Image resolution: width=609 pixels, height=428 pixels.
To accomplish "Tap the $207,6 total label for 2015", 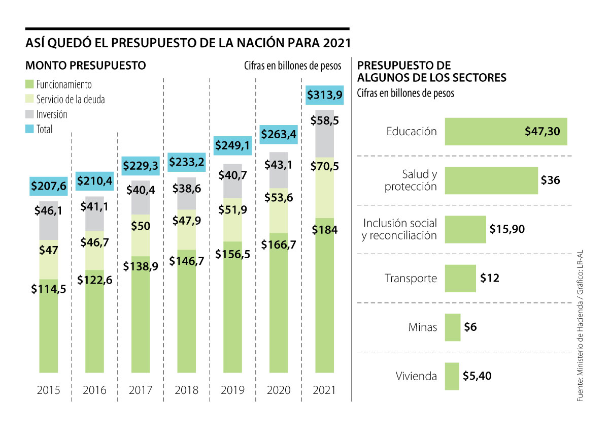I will pos(49,187).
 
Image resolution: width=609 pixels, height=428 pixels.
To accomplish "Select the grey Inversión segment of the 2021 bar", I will pos(325,134).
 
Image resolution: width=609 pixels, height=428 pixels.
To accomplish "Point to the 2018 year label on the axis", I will pos(187,390).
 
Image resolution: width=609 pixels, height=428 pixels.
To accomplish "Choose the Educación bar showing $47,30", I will pos(505,132).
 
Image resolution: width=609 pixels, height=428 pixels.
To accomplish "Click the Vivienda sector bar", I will pos(452,376).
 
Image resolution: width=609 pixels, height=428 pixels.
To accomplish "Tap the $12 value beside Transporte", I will pos(490,278).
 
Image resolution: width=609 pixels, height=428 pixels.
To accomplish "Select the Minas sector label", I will pos(423,327).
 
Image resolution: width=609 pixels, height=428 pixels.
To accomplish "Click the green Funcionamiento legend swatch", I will pos(29,84).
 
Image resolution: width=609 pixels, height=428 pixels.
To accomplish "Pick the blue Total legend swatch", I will pos(29,129).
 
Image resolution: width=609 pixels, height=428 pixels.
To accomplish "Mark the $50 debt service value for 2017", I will pos(141,227).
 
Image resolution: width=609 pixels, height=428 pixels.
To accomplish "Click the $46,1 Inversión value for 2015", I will pos(49,209).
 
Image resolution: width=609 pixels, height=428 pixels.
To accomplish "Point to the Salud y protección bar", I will pos(491,180).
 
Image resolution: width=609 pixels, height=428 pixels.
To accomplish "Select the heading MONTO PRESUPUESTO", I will pos(86,66).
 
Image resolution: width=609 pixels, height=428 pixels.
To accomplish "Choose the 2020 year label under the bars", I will pos(279,390).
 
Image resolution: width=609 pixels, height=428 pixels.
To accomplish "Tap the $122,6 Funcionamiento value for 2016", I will pos(94,280).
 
